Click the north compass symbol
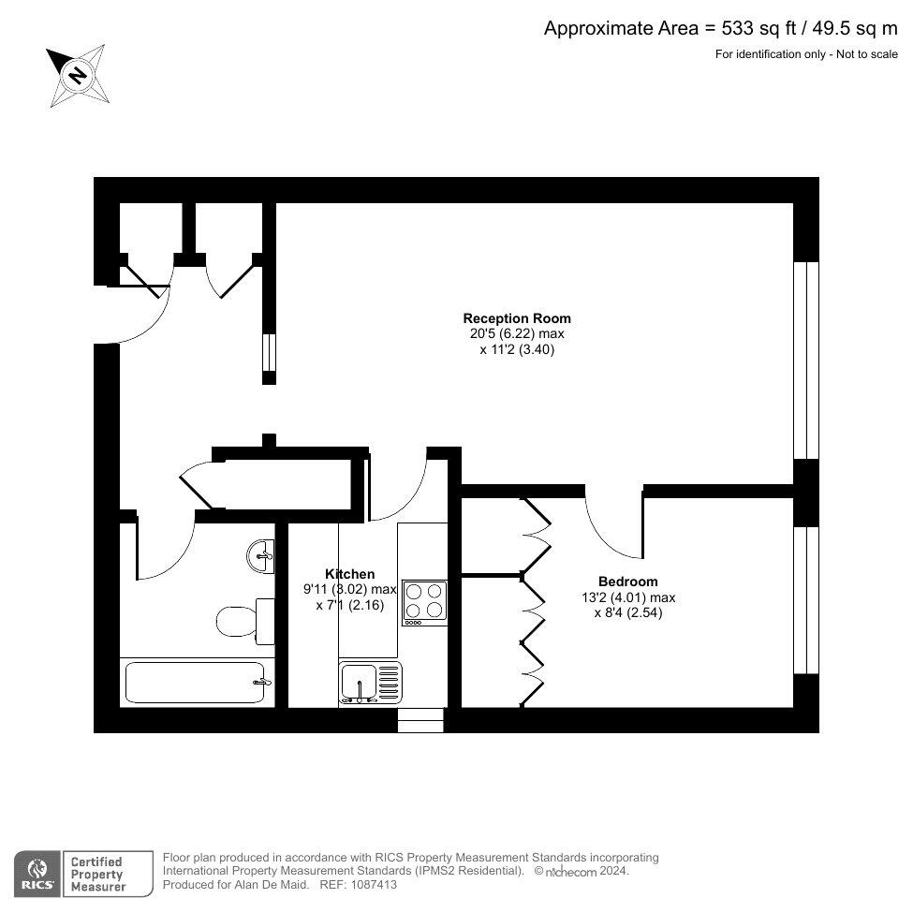[x=78, y=74]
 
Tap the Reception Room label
[x=517, y=318]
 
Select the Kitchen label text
[x=349, y=574]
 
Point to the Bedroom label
[x=628, y=582]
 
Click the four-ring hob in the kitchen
[x=424, y=602]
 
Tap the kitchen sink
[x=370, y=683]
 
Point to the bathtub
[x=197, y=683]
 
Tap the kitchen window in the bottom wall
[x=420, y=719]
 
